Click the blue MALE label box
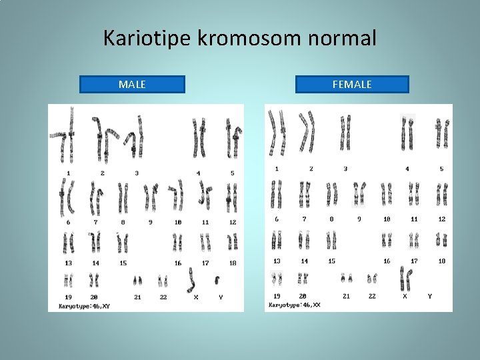(132, 85)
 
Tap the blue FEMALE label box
(352, 85)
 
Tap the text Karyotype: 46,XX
(294, 304)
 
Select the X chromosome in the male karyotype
(193, 279)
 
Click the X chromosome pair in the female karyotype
(404, 278)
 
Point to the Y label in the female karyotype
(429, 296)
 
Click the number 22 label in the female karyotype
(372, 296)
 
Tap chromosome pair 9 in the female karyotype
(359, 193)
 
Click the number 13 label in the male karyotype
(68, 263)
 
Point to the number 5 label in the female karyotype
(441, 169)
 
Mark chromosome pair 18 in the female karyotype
(441, 239)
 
